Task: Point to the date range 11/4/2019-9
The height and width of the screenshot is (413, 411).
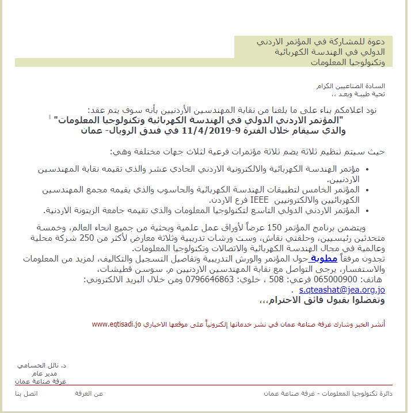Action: [197, 130]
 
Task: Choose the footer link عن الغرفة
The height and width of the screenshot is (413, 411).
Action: [89, 393]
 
